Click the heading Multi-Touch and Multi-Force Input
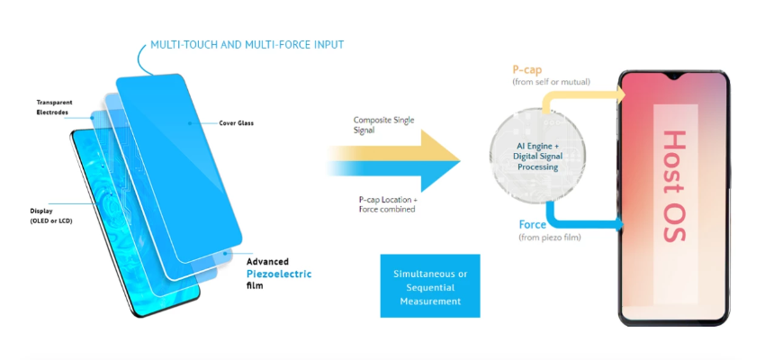(x=247, y=44)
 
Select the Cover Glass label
(x=236, y=123)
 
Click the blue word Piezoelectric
(x=279, y=274)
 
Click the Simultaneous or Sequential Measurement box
(x=429, y=286)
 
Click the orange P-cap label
(x=527, y=69)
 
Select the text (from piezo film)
(x=548, y=238)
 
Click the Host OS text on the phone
(x=677, y=192)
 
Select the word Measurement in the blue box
(x=429, y=301)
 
